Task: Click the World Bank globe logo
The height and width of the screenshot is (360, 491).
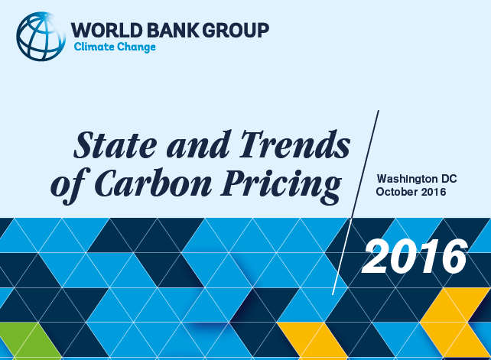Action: [x=41, y=37]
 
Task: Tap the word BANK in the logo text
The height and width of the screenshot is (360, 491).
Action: [x=173, y=31]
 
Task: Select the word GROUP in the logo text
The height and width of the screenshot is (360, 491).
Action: [x=236, y=31]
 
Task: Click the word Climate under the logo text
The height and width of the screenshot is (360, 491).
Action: [x=94, y=47]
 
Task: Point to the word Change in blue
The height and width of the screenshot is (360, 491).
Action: [x=136, y=47]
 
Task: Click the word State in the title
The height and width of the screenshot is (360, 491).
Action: [x=115, y=145]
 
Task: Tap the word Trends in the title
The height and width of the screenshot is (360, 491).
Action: [x=295, y=144]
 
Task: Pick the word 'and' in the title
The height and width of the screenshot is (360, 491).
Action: [x=199, y=145]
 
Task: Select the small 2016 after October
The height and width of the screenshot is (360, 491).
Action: [x=434, y=192]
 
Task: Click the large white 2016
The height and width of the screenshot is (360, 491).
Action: [x=415, y=256]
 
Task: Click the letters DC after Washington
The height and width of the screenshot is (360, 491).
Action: [x=449, y=179]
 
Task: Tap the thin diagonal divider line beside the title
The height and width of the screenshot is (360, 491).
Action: [x=356, y=203]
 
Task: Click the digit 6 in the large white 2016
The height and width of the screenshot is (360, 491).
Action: [x=453, y=256]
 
